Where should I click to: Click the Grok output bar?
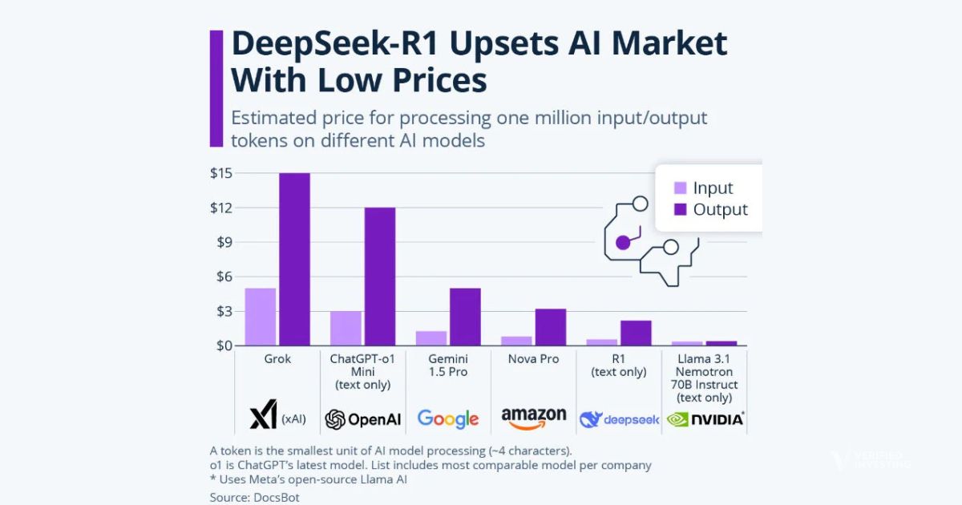click(294, 259)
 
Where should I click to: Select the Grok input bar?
click(260, 317)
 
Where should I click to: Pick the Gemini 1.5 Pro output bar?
click(465, 317)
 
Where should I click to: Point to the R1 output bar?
click(636, 333)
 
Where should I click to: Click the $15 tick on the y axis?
click(220, 173)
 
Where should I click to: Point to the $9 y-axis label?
click(222, 242)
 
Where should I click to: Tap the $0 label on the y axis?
click(222, 345)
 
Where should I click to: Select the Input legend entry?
click(703, 188)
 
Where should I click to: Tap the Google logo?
click(447, 418)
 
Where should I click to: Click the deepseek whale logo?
click(591, 418)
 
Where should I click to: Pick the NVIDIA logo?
click(705, 418)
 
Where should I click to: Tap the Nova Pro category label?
click(533, 359)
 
